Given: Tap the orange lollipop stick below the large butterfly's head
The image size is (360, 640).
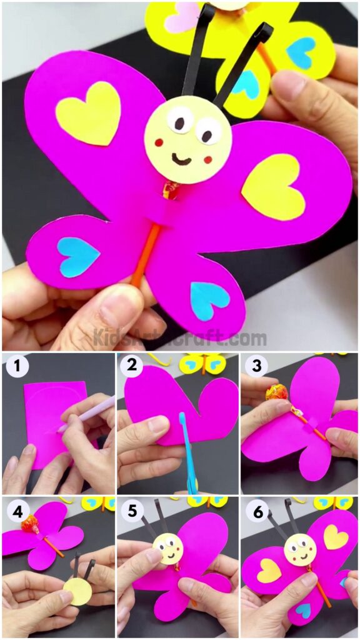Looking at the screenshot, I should coord(146,256).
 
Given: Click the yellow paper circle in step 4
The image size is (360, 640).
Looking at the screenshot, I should coord(80,591).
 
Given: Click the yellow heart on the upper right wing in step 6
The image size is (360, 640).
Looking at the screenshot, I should coord(336,536).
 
